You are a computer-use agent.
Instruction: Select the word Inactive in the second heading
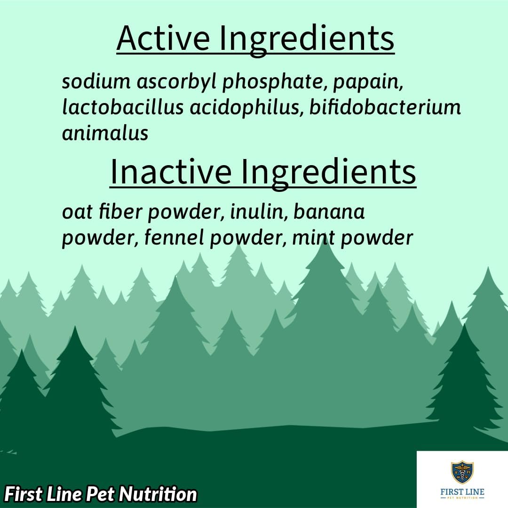pos(170,172)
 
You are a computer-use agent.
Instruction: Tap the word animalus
pos(105,133)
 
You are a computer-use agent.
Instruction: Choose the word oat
pos(75,212)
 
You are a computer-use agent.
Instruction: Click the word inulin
pos(257,212)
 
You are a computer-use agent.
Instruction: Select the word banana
pos(329,212)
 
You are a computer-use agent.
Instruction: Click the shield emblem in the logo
pos(462,472)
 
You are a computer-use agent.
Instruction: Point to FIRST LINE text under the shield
pos(462,492)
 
